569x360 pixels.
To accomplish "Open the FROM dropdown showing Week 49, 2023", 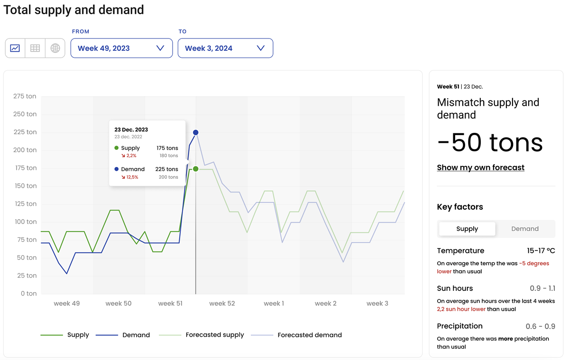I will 121,48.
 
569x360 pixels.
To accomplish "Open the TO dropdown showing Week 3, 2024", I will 225,48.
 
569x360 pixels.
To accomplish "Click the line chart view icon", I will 15,48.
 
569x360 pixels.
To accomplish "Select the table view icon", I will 35,48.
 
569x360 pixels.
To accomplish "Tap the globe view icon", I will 55,48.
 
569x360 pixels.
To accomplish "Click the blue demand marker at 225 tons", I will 195,133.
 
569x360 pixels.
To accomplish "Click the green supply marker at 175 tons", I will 195,169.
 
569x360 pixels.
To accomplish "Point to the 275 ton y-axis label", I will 25,96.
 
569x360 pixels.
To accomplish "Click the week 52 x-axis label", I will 222,304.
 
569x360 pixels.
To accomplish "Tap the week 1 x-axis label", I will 274,304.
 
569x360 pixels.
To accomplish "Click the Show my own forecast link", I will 480,167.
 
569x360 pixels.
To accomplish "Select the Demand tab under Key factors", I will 524,229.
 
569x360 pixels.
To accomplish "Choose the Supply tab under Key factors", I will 467,229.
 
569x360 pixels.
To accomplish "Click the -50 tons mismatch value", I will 490,142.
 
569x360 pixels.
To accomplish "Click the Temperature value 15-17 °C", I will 541,250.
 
